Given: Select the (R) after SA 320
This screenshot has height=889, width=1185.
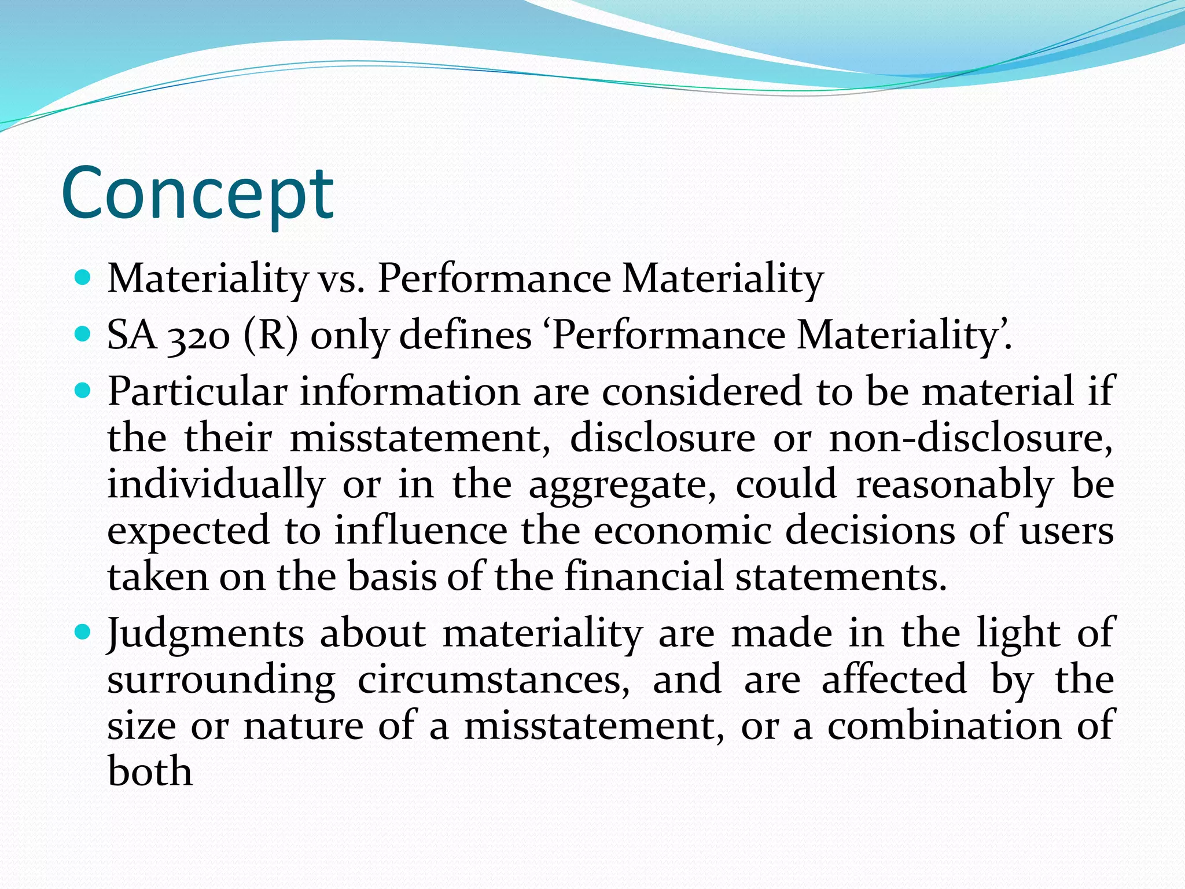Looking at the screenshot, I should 271,336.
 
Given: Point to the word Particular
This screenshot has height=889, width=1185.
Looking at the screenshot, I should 197,392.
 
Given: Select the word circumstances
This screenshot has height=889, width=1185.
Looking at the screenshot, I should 494,680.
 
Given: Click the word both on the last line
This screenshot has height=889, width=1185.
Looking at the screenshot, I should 150,772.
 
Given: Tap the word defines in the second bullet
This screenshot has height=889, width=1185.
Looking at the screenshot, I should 465,336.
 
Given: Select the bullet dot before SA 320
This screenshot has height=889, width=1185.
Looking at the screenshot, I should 83,335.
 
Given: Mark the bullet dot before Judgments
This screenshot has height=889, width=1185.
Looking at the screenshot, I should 83,632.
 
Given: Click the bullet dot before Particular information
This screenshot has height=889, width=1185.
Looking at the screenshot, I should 83,391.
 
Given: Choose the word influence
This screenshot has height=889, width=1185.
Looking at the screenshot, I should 421,531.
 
